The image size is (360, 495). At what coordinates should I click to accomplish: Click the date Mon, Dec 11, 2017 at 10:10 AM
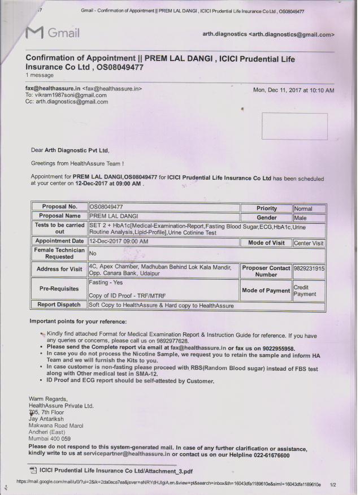294,90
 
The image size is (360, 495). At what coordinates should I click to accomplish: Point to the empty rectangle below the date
294,125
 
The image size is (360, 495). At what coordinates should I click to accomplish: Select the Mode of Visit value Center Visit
309,243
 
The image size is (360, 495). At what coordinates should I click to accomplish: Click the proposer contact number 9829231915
309,269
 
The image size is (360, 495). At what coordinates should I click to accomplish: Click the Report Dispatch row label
59,305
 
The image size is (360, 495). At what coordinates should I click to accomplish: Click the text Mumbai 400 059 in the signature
50,438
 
